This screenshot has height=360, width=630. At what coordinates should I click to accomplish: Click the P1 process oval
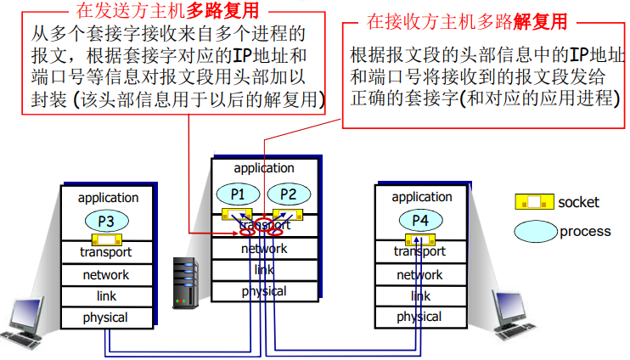tap(239, 194)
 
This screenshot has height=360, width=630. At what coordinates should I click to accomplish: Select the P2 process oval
tap(288, 194)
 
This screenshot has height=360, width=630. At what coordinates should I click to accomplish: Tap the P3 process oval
tap(106, 220)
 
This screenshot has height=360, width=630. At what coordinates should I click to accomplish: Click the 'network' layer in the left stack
tap(105, 275)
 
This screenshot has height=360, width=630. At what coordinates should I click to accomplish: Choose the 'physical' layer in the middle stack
tap(263, 291)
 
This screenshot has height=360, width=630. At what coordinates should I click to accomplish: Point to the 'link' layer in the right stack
tap(420, 296)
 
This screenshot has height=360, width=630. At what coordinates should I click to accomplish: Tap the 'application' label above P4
tap(421, 197)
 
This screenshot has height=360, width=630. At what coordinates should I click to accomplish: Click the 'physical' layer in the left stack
tap(105, 318)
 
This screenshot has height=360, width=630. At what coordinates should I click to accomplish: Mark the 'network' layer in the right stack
tap(419, 275)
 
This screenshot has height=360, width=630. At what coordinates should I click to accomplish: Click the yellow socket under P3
tap(106, 239)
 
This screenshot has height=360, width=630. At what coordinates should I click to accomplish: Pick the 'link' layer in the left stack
tap(105, 296)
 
